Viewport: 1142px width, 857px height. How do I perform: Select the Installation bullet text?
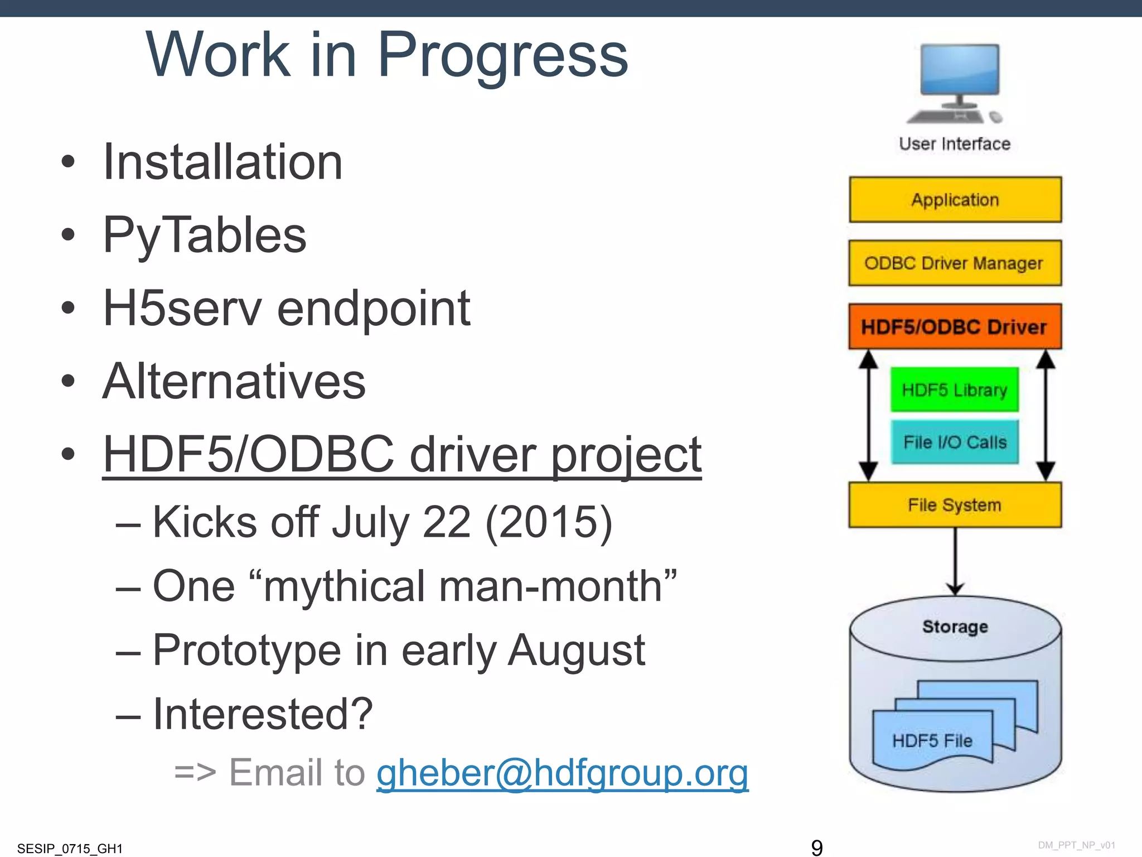[x=222, y=162]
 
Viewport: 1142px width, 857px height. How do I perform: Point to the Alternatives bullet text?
[x=234, y=382]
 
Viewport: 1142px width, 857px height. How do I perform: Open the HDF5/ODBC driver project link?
[x=401, y=455]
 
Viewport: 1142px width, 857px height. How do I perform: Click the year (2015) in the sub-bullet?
[x=549, y=522]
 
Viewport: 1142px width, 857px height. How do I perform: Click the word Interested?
[x=263, y=714]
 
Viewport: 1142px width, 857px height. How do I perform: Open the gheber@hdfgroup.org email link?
[x=562, y=773]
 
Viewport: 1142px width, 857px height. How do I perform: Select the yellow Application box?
[x=955, y=200]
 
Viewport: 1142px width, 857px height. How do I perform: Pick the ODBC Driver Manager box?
[x=955, y=263]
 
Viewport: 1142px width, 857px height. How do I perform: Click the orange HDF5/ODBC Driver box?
[x=955, y=327]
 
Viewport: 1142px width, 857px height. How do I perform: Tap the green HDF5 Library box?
[x=954, y=390]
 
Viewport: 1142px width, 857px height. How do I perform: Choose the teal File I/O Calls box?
[x=954, y=442]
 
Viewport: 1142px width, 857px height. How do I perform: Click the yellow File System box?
[x=955, y=505]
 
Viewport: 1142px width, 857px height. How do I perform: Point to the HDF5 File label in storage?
[x=932, y=741]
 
